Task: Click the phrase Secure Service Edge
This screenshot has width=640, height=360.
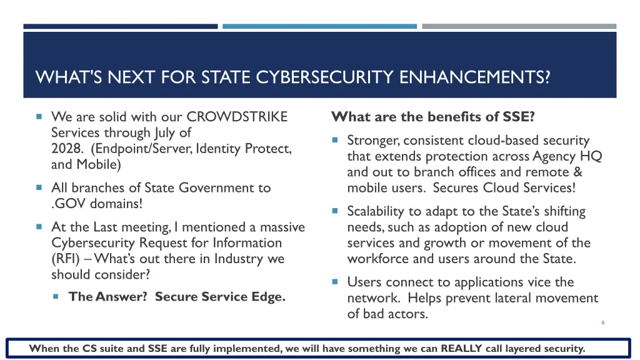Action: click(x=220, y=296)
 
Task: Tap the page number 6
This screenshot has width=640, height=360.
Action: click(x=602, y=322)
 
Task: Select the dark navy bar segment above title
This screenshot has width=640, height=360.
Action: click(x=121, y=26)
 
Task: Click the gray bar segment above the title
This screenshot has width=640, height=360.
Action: click(x=519, y=26)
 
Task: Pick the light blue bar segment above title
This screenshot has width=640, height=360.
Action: click(x=319, y=26)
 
